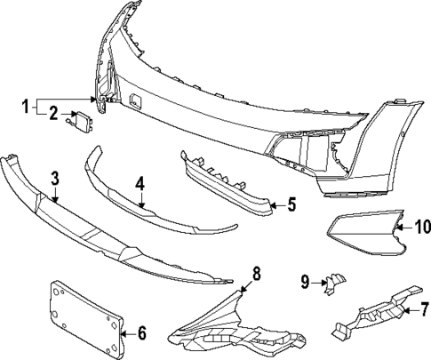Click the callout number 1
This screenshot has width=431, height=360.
pyautogui.click(x=26, y=105)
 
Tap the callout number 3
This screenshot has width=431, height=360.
pyautogui.click(x=55, y=179)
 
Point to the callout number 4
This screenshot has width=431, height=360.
pyautogui.click(x=140, y=184)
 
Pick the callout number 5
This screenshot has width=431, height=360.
pyautogui.click(x=290, y=204)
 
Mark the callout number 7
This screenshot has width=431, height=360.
pyautogui.click(x=423, y=310)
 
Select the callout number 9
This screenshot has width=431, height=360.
pyautogui.click(x=305, y=283)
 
